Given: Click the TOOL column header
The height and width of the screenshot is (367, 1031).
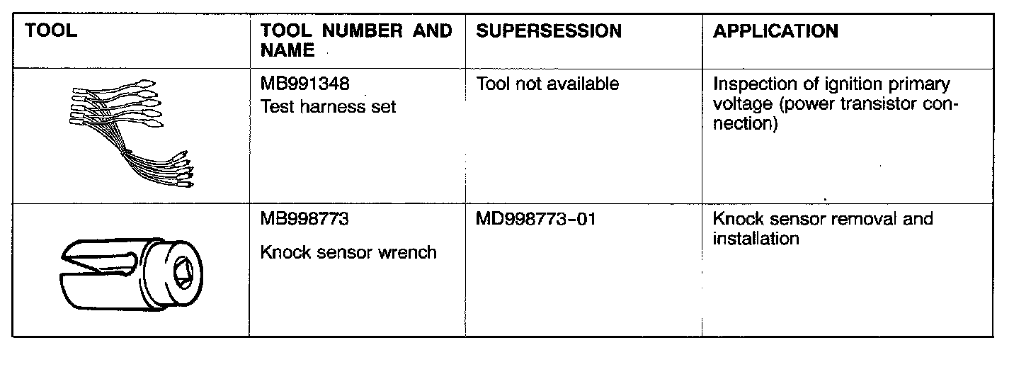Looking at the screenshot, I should (x=51, y=32).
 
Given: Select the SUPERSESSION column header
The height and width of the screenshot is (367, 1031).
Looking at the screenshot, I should (x=549, y=32).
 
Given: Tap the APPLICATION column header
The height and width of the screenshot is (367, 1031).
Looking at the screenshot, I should (x=775, y=32).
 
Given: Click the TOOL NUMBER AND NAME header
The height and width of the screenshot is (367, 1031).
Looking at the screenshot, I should (x=355, y=40).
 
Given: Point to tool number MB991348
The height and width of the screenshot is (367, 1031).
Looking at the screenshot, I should (x=304, y=85).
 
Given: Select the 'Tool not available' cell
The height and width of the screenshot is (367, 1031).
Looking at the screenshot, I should (x=547, y=85).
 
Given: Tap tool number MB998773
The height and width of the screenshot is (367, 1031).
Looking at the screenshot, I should (x=304, y=220).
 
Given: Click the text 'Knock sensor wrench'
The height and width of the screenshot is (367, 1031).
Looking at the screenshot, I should (x=348, y=252).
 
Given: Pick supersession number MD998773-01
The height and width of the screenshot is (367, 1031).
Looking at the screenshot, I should (x=536, y=220).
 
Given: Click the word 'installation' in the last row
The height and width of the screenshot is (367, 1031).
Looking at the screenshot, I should (x=756, y=239).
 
